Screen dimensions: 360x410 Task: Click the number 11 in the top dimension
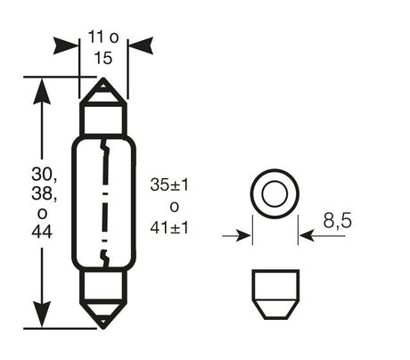(94, 38)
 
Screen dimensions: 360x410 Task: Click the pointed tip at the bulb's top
(104, 82)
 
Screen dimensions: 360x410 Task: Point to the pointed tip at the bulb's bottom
(104, 323)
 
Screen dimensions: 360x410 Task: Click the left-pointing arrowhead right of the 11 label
(140, 45)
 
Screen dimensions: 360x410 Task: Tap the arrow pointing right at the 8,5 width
(239, 236)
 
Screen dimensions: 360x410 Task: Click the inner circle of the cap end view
(273, 192)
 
